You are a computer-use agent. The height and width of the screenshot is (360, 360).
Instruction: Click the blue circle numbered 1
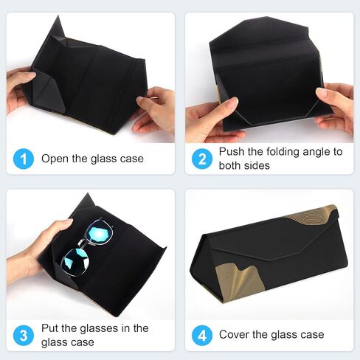point(23,159)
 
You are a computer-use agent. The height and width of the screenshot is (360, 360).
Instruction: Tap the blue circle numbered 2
point(201,159)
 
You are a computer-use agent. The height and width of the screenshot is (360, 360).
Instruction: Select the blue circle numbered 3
point(23,335)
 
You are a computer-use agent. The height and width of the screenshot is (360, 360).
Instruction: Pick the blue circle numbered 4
point(201,335)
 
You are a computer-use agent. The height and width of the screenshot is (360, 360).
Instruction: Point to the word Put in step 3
point(50,328)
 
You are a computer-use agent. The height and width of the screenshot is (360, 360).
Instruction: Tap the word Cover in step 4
point(235,335)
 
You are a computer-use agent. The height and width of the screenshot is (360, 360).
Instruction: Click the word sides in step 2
point(259,165)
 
